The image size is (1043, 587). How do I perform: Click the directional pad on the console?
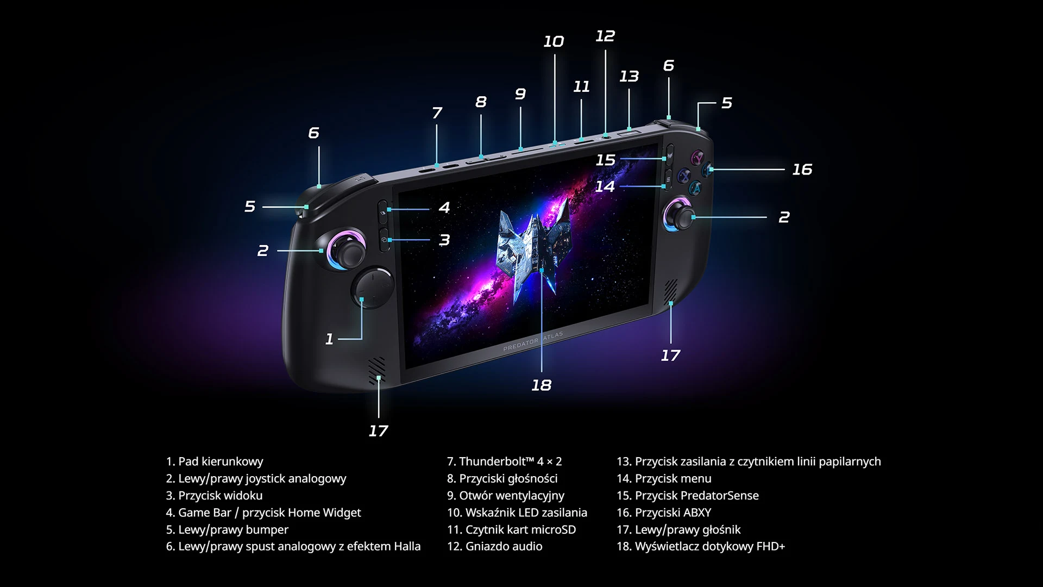pyautogui.click(x=372, y=288)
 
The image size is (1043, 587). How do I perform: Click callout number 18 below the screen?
pyautogui.click(x=542, y=385)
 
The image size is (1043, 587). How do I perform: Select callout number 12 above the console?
pyautogui.click(x=605, y=36)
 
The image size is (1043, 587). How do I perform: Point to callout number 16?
pyautogui.click(x=802, y=169)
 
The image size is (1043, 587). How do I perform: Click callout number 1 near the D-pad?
pyautogui.click(x=329, y=339)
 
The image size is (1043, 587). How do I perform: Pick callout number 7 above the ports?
pyautogui.click(x=437, y=113)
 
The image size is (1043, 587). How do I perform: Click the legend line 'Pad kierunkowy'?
pyautogui.click(x=215, y=461)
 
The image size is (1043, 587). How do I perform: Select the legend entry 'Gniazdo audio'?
pyautogui.click(x=494, y=546)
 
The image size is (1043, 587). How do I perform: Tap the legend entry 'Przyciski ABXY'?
pyautogui.click(x=664, y=513)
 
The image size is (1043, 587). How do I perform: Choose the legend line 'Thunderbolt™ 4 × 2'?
pyautogui.click(x=504, y=461)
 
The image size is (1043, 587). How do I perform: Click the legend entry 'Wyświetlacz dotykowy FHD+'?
pyautogui.click(x=701, y=546)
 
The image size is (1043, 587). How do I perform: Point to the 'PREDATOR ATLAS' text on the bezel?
pyautogui.click(x=533, y=341)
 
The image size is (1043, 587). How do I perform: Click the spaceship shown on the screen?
pyautogui.click(x=533, y=242)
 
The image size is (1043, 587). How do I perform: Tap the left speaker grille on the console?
pyautogui.click(x=376, y=370)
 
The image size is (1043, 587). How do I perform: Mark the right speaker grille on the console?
pyautogui.click(x=671, y=291)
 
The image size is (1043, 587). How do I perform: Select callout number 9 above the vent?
pyautogui.click(x=520, y=94)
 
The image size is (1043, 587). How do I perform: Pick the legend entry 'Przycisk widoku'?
pyautogui.click(x=214, y=496)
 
